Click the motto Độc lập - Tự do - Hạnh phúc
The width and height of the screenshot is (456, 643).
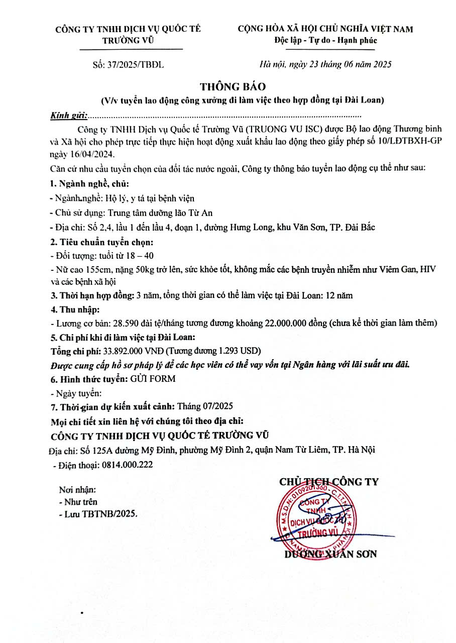coord(325,40)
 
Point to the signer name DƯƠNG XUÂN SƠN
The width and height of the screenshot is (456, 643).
coord(330,554)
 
